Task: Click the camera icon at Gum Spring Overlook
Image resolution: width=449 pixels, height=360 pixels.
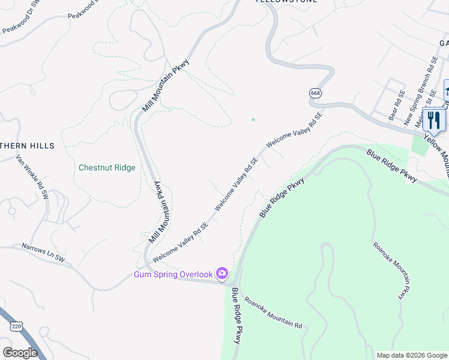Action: coord(222,274)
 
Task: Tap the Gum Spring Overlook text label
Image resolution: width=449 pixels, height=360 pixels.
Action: coord(173,274)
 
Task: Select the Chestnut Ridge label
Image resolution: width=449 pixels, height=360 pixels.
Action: coord(107,167)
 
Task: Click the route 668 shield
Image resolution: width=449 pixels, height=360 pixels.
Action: coord(316,93)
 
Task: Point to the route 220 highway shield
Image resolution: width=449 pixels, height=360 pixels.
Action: coord(17,325)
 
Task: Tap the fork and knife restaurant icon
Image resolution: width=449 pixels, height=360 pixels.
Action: coord(434,120)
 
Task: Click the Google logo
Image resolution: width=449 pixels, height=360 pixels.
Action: coord(20,353)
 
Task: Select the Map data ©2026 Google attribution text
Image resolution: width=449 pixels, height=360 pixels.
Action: coord(412,355)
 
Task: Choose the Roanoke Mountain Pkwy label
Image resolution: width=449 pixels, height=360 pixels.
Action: coord(391,271)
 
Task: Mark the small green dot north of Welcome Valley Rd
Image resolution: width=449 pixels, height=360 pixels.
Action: coord(253,119)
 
